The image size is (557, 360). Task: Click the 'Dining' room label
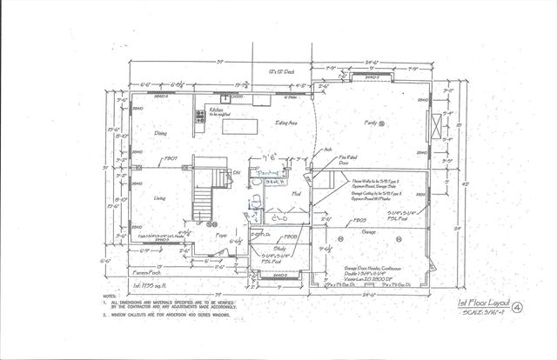pos(160,133)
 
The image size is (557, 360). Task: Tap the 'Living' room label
pos(159,199)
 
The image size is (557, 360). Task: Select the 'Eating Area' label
pos(287,124)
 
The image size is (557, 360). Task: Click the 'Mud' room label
pos(296,192)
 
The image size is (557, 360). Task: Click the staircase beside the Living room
pos(202,197)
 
